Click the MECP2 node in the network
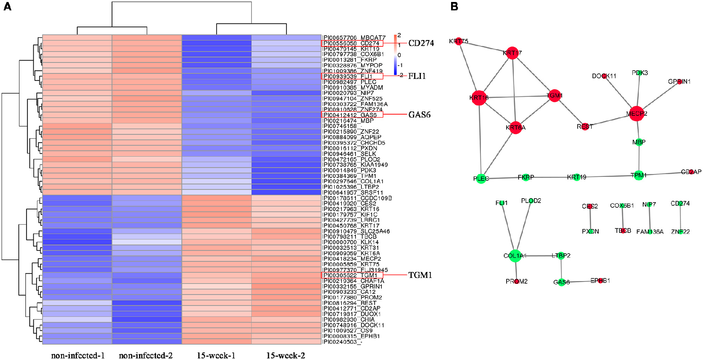click(x=636, y=114)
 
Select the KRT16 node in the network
click(x=479, y=98)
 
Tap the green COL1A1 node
click(x=515, y=256)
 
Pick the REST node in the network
click(x=585, y=126)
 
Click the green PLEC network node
click(x=481, y=178)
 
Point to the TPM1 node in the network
click(x=639, y=175)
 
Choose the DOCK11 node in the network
click(x=604, y=76)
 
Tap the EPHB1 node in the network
click(x=600, y=281)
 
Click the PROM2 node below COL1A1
click(x=517, y=281)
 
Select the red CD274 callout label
click(x=421, y=43)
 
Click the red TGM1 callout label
click(x=420, y=275)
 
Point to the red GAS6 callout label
click(x=419, y=115)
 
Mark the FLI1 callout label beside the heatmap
click(x=417, y=76)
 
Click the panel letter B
click(x=454, y=7)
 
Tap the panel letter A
click(x=7, y=7)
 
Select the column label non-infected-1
click(x=78, y=355)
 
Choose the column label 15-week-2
click(x=286, y=355)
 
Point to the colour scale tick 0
click(x=399, y=55)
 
